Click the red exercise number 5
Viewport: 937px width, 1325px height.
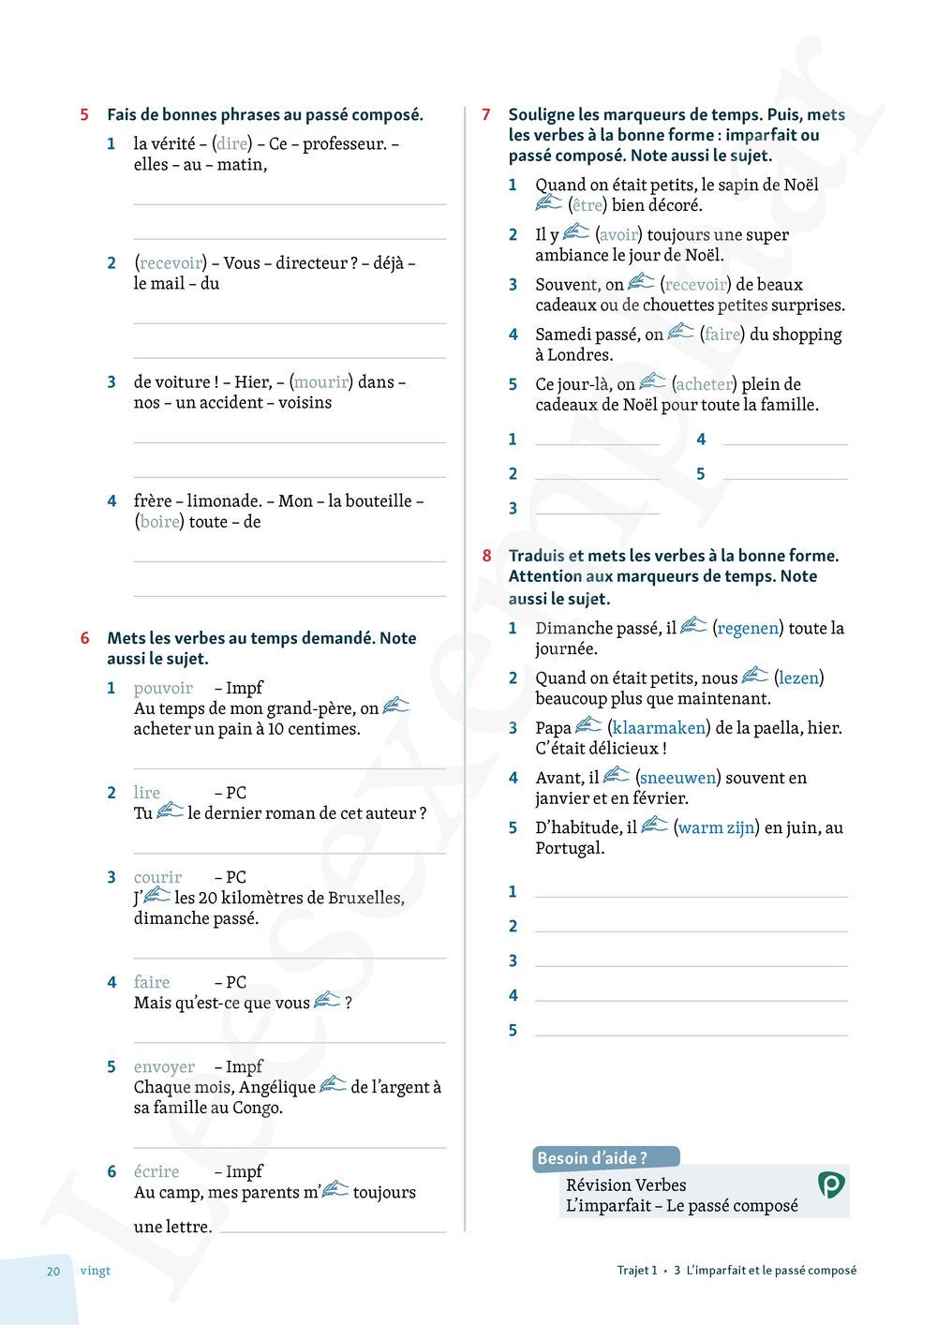(x=84, y=115)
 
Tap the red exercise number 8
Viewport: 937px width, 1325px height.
(x=486, y=556)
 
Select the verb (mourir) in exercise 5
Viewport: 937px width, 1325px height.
(x=320, y=381)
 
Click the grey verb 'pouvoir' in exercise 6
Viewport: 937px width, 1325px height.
(x=163, y=688)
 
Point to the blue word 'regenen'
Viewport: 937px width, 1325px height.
(x=748, y=628)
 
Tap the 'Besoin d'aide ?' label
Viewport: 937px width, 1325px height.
(x=592, y=1158)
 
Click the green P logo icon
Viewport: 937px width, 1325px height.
(x=830, y=1185)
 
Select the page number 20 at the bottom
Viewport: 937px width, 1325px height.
(x=53, y=1272)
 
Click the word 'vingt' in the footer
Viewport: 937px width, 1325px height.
(x=96, y=1272)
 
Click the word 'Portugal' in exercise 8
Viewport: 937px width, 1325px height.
(x=569, y=848)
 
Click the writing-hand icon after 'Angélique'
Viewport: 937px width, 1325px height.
(x=333, y=1085)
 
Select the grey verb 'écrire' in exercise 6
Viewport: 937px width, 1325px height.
(x=156, y=1171)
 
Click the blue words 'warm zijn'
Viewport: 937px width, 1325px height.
(x=716, y=827)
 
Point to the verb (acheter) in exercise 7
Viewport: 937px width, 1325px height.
(x=704, y=384)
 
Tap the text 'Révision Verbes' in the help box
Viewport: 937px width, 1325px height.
(x=626, y=1185)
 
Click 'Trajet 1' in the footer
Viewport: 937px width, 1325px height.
(x=637, y=1272)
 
